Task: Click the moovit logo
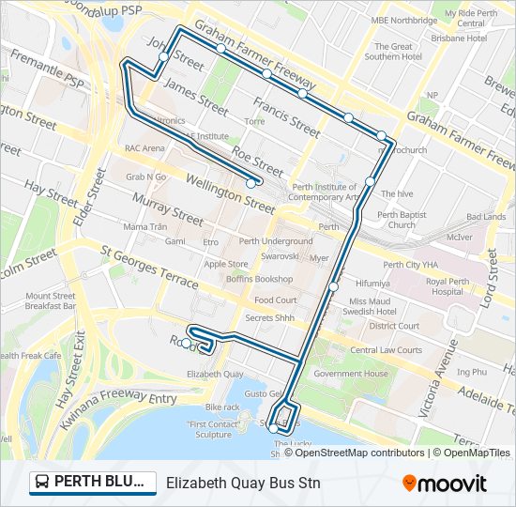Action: click(x=445, y=484)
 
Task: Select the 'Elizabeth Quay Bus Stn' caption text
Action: click(x=243, y=484)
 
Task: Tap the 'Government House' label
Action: click(x=351, y=373)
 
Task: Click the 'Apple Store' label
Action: click(x=226, y=264)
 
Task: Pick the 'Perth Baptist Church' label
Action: click(x=402, y=220)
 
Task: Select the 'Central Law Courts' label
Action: click(x=386, y=350)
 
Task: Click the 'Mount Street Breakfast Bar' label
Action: click(x=50, y=300)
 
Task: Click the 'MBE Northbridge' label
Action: click(x=403, y=19)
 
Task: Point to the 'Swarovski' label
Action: click(x=280, y=256)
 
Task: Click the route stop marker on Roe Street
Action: click(x=250, y=184)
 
